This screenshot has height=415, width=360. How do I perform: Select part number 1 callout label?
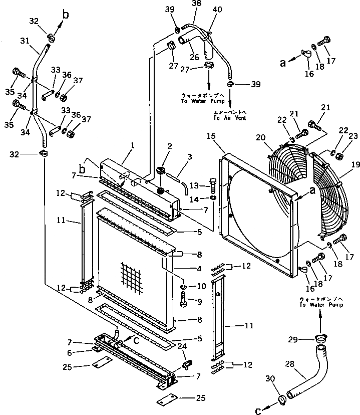[x=132, y=145]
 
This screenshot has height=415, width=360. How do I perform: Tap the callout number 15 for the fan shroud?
[x=211, y=137]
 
